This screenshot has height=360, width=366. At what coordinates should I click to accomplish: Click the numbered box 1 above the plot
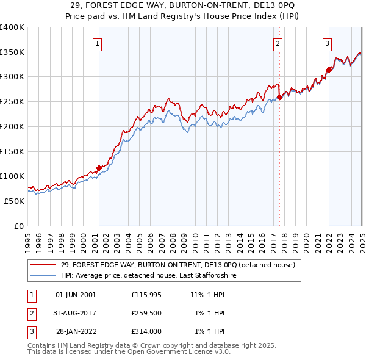click(98, 43)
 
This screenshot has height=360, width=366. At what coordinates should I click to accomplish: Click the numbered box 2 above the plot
click(278, 43)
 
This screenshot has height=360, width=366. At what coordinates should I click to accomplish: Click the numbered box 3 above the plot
click(327, 43)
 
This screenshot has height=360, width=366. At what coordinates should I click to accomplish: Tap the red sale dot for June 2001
click(99, 168)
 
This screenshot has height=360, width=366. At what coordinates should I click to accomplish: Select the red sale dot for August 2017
click(279, 96)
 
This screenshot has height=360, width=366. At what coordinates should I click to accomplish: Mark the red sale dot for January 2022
click(329, 70)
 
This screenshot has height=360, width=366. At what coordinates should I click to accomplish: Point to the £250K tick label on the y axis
click(12, 101)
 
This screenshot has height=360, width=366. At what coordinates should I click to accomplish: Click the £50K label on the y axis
click(14, 201)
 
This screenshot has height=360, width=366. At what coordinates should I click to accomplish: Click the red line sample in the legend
click(43, 265)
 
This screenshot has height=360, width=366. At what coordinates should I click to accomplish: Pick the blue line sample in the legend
click(43, 276)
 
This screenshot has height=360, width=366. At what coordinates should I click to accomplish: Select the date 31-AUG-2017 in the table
click(75, 313)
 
